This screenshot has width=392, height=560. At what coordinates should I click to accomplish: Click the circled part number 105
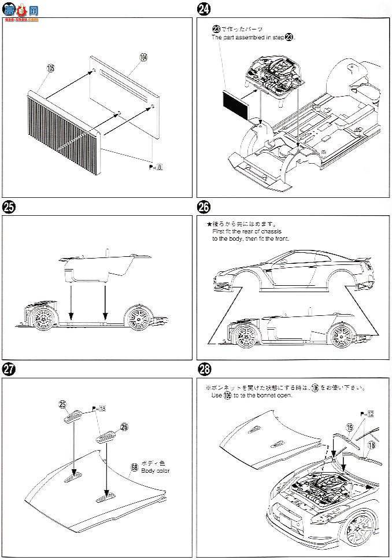coord(50,68)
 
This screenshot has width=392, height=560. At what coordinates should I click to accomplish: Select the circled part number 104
coord(143,57)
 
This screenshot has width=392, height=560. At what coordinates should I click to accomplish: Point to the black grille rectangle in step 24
coord(235,104)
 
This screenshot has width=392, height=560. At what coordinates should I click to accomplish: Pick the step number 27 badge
coord(9,369)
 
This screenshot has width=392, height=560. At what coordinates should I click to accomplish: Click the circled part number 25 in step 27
coord(63,404)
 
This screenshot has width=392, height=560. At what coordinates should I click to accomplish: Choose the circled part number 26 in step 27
coord(124,427)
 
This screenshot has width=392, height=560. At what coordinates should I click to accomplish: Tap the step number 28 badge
coord(204,369)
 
